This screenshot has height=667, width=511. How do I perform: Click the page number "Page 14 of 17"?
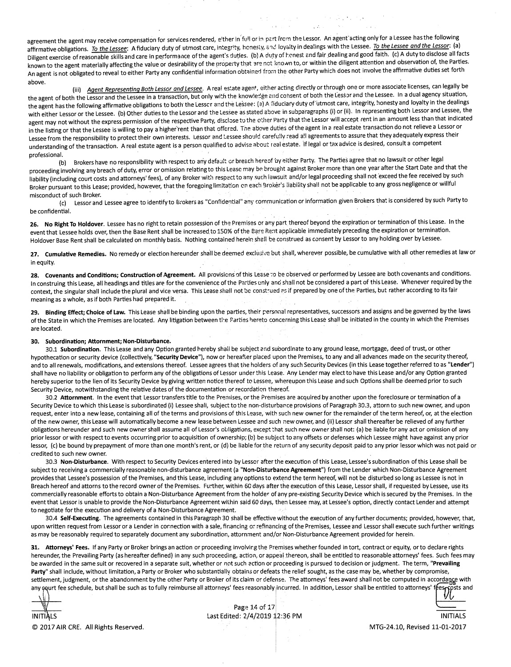(255, 607)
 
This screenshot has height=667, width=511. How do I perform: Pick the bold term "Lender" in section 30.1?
(460, 365)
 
